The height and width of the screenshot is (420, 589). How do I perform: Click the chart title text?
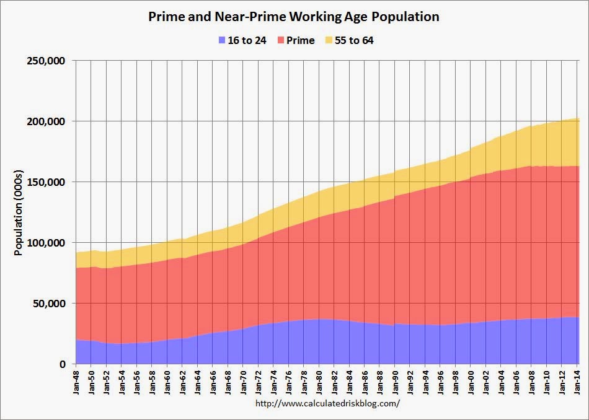(x=294, y=17)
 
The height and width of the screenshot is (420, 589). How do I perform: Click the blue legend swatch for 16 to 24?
(x=223, y=41)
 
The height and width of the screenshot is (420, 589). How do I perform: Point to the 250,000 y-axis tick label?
(x=47, y=61)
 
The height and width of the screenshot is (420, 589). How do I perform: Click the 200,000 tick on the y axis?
(x=47, y=121)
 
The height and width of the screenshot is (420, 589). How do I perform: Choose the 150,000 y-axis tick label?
(x=47, y=182)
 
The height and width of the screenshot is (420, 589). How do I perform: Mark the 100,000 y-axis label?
(x=47, y=243)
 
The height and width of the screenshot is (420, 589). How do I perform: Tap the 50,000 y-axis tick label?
(x=50, y=304)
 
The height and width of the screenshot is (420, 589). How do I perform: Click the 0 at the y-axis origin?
(x=63, y=364)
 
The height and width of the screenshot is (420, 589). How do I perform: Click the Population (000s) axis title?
(x=19, y=212)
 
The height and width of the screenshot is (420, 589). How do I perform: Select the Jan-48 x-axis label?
(x=76, y=380)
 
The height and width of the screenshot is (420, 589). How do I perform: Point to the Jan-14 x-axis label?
(x=578, y=380)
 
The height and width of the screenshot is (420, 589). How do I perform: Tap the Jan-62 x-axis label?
(x=183, y=380)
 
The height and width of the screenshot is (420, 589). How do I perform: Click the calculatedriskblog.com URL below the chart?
(x=327, y=403)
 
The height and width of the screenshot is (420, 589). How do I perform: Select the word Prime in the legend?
(x=301, y=41)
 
